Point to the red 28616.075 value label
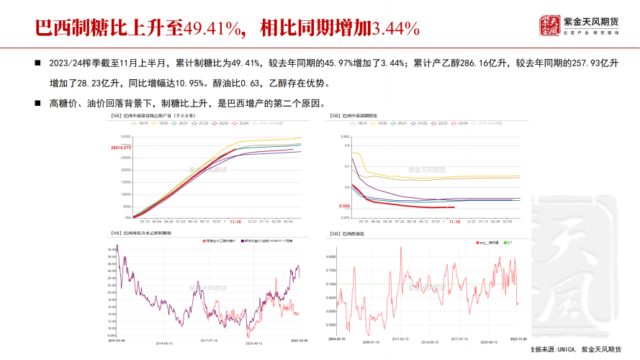click(x=120, y=147)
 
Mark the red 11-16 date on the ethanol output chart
click(x=235, y=222)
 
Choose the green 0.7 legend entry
click(x=510, y=243)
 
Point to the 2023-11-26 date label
click(x=519, y=338)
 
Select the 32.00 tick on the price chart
click(x=112, y=248)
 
